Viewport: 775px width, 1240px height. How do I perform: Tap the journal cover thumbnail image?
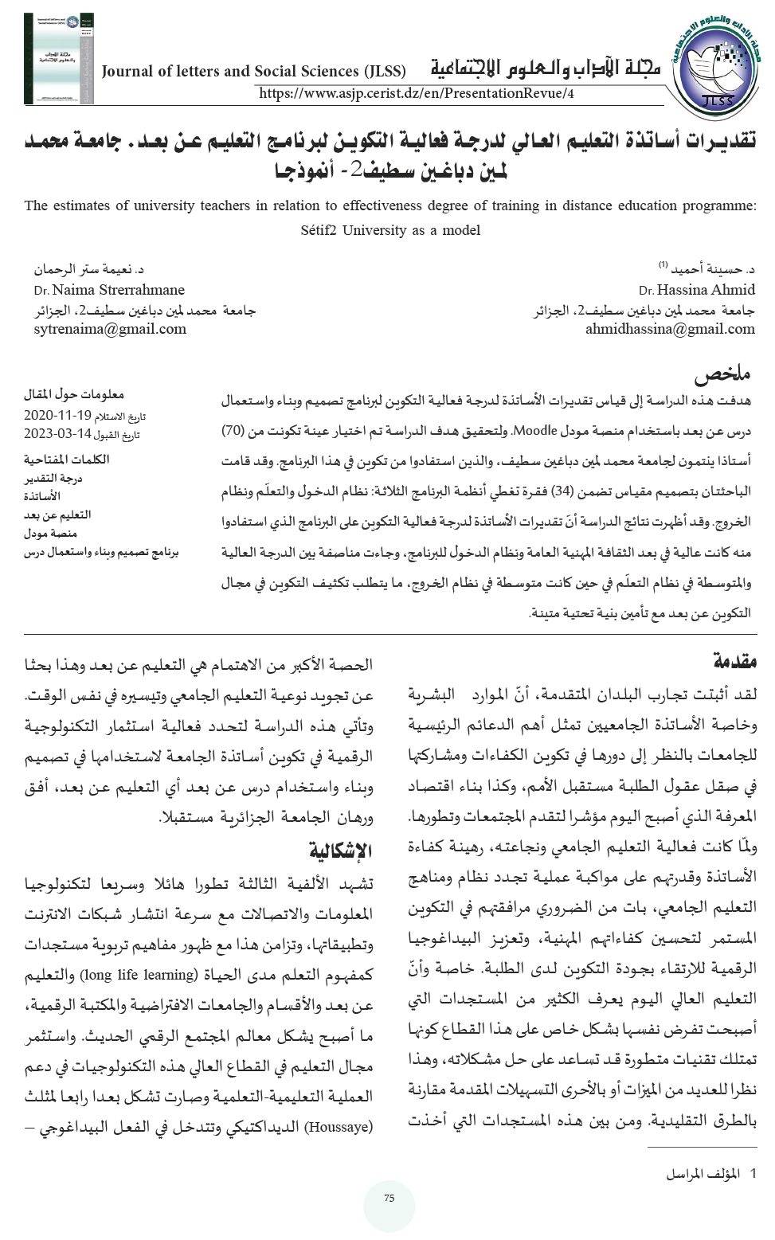(x=58, y=59)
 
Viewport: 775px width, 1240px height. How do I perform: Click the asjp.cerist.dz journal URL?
(x=416, y=93)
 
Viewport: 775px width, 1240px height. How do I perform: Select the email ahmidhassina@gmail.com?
(x=670, y=329)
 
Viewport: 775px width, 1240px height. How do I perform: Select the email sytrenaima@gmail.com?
(x=110, y=329)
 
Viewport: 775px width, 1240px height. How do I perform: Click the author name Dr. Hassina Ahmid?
(x=696, y=290)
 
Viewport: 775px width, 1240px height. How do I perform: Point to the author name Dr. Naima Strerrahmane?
(x=109, y=290)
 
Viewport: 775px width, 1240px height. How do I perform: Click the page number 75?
(x=389, y=1198)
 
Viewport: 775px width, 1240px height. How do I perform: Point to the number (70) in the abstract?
(x=232, y=431)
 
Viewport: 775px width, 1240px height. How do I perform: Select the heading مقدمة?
(x=734, y=661)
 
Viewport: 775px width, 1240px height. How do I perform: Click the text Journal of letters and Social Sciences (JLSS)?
(x=253, y=71)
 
